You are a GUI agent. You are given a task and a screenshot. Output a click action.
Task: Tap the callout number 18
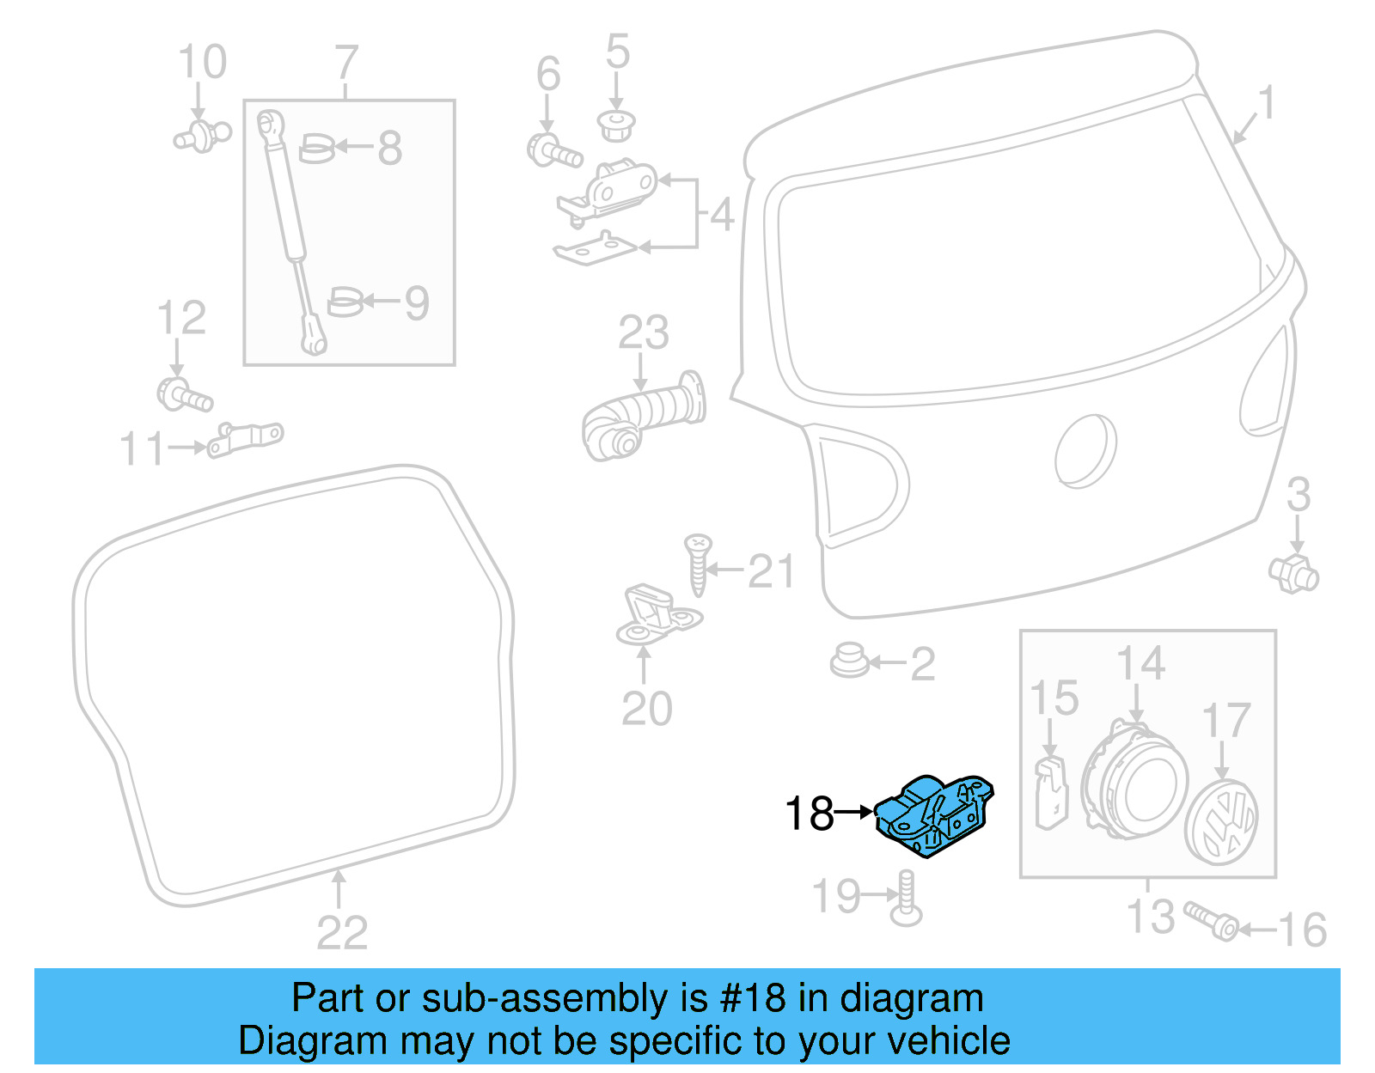(809, 813)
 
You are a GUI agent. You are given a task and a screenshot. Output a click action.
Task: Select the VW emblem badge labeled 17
(1221, 823)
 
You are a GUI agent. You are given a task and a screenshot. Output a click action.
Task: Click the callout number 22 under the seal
(341, 933)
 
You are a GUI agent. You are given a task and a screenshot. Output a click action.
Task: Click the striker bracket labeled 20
(657, 613)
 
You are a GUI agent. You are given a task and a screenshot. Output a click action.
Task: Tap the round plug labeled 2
(849, 661)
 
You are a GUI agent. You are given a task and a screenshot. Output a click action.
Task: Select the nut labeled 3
(1293, 573)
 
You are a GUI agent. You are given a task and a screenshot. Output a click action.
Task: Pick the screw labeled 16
(1212, 921)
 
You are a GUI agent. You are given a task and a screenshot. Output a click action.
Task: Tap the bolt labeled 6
(553, 152)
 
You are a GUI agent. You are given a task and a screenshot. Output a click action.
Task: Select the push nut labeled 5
(615, 125)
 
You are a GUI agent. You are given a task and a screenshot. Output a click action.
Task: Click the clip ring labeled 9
(345, 302)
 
